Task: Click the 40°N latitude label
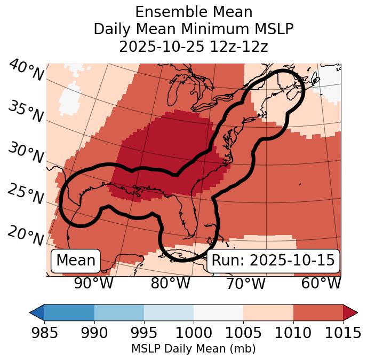pyautogui.click(x=26, y=71)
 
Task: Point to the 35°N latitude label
pyautogui.click(x=26, y=111)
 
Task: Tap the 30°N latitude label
pyautogui.click(x=26, y=153)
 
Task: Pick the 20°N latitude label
pyautogui.click(x=26, y=236)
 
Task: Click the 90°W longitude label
pyautogui.click(x=94, y=283)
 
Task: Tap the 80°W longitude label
pyautogui.click(x=170, y=283)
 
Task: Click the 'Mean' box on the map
pyautogui.click(x=76, y=261)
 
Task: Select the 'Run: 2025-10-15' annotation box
pyautogui.click(x=273, y=261)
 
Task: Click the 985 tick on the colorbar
pyautogui.click(x=44, y=333)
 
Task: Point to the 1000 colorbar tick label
pyautogui.click(x=194, y=333)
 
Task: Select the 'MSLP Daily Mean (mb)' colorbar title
pyautogui.click(x=194, y=349)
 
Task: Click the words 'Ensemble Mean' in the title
pyautogui.click(x=194, y=12)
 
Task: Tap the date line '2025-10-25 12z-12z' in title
pyautogui.click(x=194, y=46)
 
